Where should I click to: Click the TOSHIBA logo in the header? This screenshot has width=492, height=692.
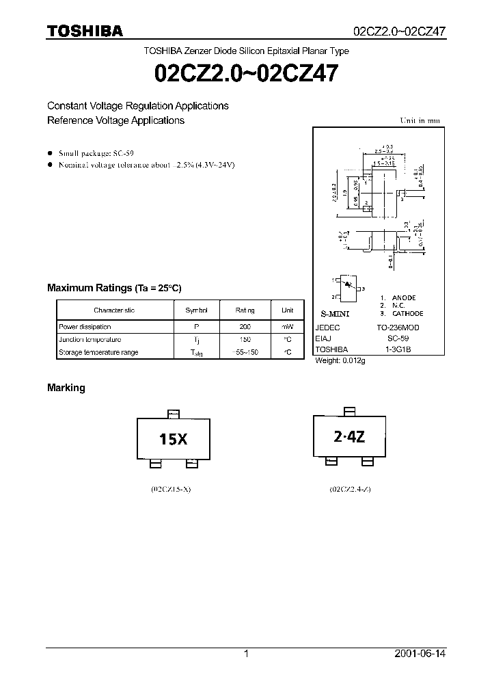coord(85,31)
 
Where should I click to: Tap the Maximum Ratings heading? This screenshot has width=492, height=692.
coord(114,288)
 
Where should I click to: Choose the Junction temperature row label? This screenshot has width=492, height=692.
coord(90,340)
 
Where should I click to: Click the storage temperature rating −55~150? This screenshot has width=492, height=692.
coord(245,352)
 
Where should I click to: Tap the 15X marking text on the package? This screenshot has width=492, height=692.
coord(173,440)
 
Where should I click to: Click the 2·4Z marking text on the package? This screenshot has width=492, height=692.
coord(349,438)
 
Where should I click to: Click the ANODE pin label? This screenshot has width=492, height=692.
coord(403,297)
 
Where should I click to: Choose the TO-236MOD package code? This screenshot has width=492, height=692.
coord(398,328)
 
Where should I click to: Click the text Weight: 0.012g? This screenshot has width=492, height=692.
coord(340,360)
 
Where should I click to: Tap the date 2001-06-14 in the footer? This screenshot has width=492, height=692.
coord(420,654)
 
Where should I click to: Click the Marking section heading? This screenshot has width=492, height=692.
coord(66,388)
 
